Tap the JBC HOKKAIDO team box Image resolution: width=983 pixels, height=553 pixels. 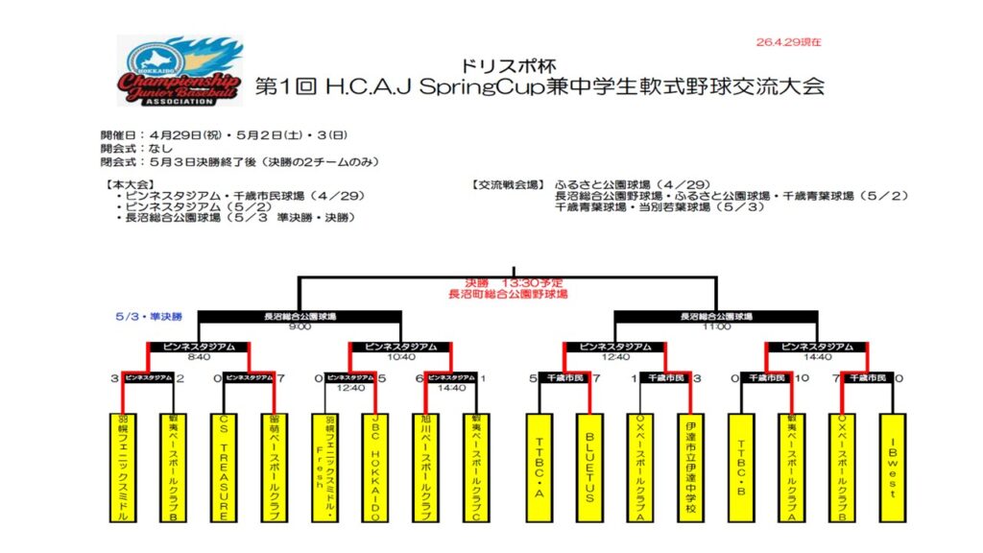coord(375,467)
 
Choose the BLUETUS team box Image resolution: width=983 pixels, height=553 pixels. coord(589,467)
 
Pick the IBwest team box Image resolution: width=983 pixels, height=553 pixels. coord(893,467)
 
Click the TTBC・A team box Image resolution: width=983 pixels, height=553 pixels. coord(539,467)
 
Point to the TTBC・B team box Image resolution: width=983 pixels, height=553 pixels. coord(742,467)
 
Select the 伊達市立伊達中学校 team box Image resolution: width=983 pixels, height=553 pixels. coord(690,467)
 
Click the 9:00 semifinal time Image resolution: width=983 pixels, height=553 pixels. coord(300,326)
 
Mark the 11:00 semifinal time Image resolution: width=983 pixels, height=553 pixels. coord(715,326)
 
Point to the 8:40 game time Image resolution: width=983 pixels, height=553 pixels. coord(199,357)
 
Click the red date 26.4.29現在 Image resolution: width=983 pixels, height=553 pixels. coord(788,42)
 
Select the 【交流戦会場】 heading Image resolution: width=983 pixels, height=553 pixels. coord(508,183)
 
